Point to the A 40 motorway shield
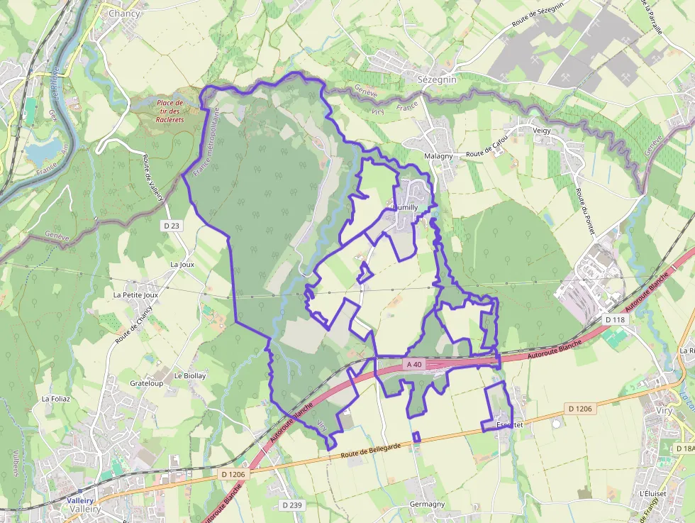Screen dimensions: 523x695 point(414,364)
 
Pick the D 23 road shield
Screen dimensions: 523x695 point(172,226)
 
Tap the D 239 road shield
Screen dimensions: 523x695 point(291,505)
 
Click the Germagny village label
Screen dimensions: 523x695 point(427,504)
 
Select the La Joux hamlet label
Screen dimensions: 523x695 point(182,264)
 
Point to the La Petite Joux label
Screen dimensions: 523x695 point(135,294)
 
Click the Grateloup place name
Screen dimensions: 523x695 point(146,383)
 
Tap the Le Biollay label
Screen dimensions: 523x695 point(190,375)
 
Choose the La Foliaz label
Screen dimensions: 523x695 point(56,399)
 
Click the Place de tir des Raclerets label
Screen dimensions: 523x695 point(170,111)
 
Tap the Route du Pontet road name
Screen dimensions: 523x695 point(585,211)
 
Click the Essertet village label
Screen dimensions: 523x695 point(510,424)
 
